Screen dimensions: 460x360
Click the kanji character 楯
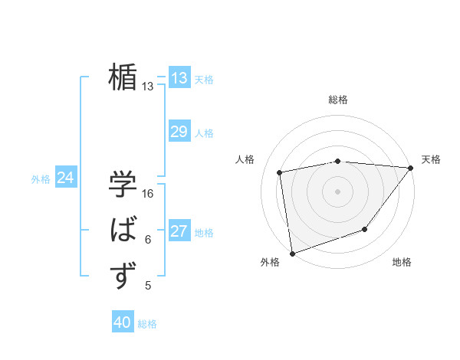tap(123, 77)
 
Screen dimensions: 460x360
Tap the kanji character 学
tap(123, 185)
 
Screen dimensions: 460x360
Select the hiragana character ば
tap(123, 231)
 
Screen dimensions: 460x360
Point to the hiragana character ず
tap(123, 276)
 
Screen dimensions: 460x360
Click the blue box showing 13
tap(179, 78)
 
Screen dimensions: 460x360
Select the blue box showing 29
tap(179, 132)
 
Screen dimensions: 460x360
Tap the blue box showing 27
tap(179, 231)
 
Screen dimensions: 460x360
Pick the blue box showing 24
tap(66, 178)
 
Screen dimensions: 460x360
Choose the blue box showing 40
tap(123, 322)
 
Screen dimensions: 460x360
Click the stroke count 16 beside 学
tap(148, 194)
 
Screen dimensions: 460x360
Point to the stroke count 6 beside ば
tap(148, 240)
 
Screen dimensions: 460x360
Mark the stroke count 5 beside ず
tap(148, 286)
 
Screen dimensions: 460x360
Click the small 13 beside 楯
tap(148, 87)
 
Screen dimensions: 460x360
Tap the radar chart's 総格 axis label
tap(337, 100)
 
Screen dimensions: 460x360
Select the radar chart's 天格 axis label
tap(431, 159)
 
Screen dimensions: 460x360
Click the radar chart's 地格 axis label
tap(402, 262)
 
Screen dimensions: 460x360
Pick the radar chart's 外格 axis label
tap(270, 262)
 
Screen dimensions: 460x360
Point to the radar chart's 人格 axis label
tap(245, 159)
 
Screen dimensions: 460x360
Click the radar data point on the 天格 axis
tap(411, 167)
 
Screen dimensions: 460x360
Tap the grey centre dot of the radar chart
tap(337, 191)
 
